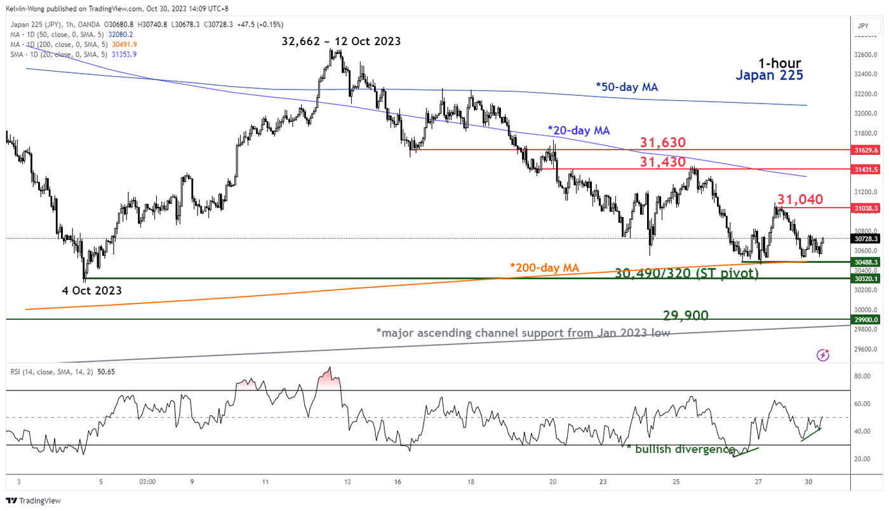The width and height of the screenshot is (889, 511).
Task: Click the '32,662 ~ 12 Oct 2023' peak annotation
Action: (341, 41)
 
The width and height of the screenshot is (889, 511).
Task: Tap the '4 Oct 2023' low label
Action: (93, 290)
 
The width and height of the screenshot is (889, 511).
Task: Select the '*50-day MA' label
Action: (626, 87)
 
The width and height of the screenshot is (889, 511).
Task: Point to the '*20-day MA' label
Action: (578, 130)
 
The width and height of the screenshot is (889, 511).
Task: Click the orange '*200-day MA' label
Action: (544, 268)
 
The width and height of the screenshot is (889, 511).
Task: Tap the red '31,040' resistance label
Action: (799, 200)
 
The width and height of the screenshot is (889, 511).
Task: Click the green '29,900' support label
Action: (685, 315)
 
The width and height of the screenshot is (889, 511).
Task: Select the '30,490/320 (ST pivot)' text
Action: (686, 274)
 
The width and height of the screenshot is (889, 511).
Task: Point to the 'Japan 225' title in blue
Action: (769, 76)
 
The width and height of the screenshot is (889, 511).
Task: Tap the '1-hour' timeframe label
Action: (779, 63)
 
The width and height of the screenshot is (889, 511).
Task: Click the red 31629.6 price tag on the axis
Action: (866, 150)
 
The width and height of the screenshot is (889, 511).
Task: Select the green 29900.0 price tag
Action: (866, 319)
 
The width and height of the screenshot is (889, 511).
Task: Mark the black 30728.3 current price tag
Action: (866, 239)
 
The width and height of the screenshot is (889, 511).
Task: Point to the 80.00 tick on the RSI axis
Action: (861, 376)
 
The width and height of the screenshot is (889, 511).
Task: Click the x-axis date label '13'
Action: (348, 482)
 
